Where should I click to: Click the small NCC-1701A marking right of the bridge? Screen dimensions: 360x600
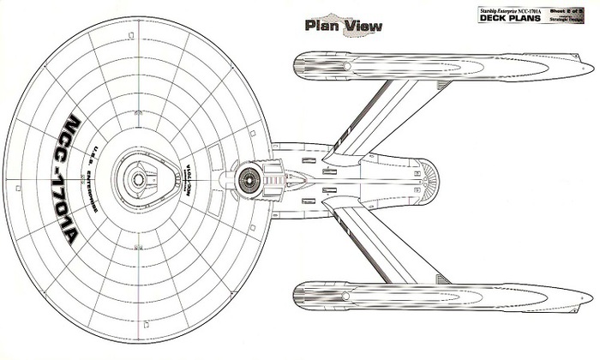pyautogui.click(x=188, y=179)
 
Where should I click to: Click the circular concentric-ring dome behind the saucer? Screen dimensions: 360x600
pyautogui.click(x=249, y=179)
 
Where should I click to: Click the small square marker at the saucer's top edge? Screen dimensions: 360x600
pyautogui.click(x=129, y=35)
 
